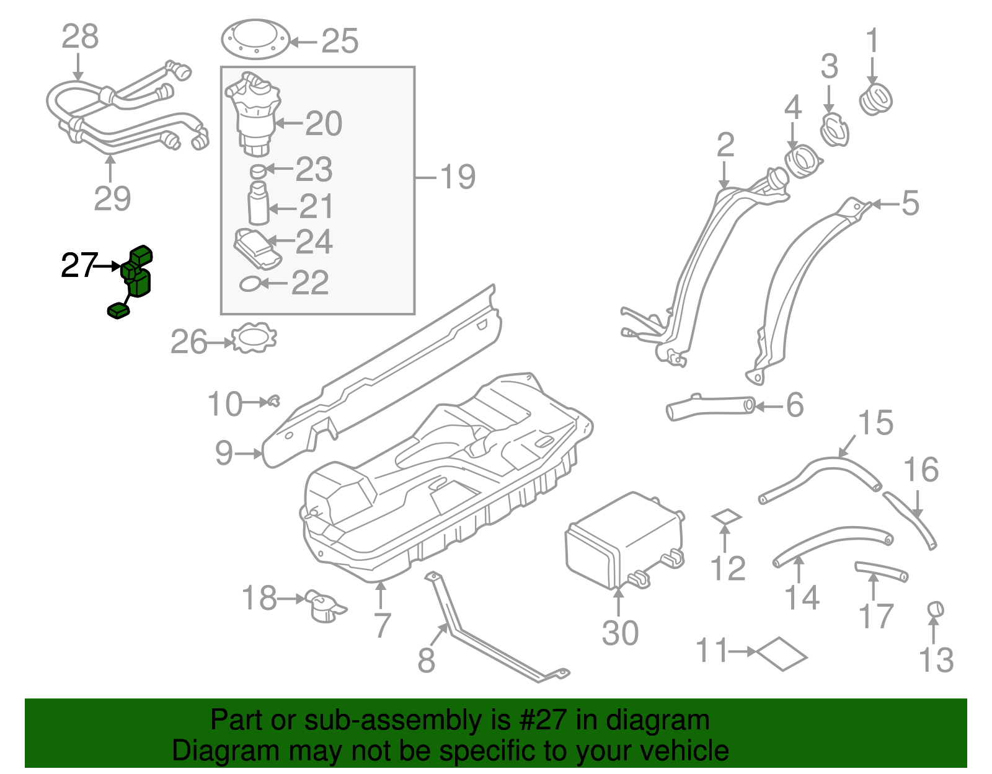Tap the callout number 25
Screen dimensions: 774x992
coord(340,42)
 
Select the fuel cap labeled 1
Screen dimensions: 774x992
coord(875,100)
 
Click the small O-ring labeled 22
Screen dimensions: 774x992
coord(249,284)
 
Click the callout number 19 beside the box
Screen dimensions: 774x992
coord(458,177)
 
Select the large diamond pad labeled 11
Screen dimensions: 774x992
coord(782,654)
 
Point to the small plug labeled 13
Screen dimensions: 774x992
coord(936,609)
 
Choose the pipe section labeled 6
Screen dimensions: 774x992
coord(711,408)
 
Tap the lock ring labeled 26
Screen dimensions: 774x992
coord(254,338)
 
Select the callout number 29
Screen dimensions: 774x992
coord(112,199)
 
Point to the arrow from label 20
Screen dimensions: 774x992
coord(288,123)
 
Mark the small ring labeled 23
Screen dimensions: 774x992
coord(257,170)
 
